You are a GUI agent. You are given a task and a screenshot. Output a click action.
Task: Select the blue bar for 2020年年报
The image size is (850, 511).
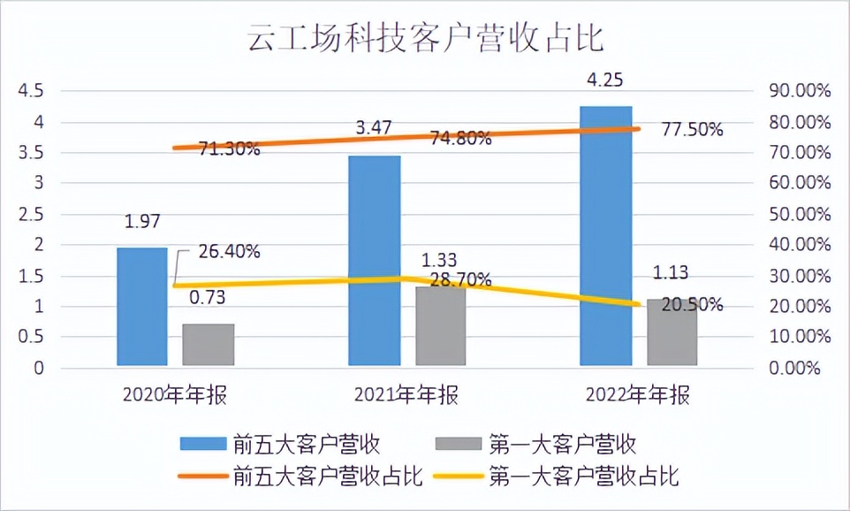[x=142, y=306]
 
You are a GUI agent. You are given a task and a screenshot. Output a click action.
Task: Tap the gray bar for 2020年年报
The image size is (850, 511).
[x=209, y=345]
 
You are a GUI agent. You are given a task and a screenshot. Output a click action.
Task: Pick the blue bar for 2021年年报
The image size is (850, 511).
[x=375, y=260]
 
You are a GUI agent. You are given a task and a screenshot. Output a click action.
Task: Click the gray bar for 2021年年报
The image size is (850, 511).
[x=440, y=325]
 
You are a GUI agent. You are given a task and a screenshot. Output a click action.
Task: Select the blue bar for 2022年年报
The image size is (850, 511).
[x=606, y=235]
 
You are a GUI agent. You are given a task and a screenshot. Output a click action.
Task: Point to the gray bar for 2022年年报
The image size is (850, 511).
[x=672, y=332]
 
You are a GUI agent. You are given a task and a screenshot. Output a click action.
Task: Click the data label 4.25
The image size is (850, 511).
[x=605, y=81]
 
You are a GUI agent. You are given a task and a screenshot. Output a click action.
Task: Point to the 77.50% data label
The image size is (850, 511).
[x=693, y=130]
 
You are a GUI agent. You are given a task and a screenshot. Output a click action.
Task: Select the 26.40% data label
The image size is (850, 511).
[x=229, y=252]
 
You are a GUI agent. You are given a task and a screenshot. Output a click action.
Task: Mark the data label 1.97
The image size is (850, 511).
[x=142, y=222]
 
